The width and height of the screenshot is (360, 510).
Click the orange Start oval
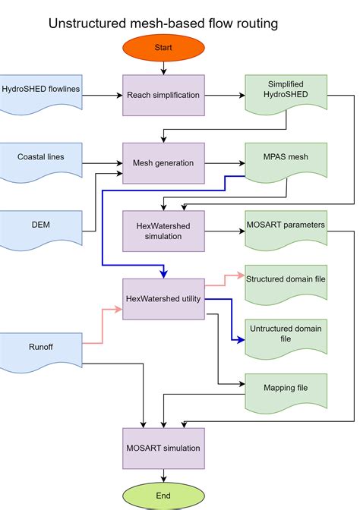pos(163,47)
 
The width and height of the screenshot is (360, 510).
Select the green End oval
pos(163,496)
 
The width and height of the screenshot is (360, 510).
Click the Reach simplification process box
pos(163,95)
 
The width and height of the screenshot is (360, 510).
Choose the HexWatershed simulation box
pos(163,231)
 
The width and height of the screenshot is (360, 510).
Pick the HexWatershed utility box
pos(163,299)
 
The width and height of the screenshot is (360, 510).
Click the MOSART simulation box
pos(163,448)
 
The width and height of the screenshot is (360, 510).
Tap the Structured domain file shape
pos(286,279)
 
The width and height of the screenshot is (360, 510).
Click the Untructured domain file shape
pos(286,334)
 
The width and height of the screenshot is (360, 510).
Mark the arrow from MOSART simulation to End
pos(163,475)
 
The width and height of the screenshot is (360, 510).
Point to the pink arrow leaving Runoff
pos(103,326)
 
